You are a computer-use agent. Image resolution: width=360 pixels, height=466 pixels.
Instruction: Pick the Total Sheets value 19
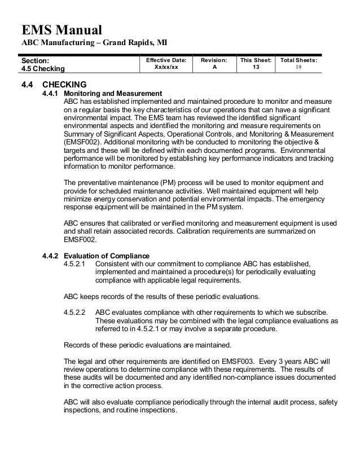298,67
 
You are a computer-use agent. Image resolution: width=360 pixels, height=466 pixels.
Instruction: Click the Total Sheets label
298,59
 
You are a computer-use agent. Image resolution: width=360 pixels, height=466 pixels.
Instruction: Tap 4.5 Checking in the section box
43,69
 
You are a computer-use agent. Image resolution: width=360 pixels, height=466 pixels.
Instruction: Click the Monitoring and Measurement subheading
113,93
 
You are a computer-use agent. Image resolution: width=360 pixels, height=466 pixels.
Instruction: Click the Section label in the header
35,60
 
